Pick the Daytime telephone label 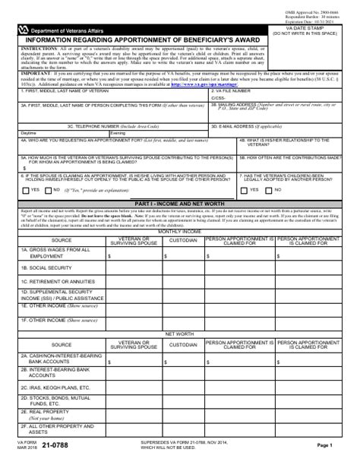(28, 133)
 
